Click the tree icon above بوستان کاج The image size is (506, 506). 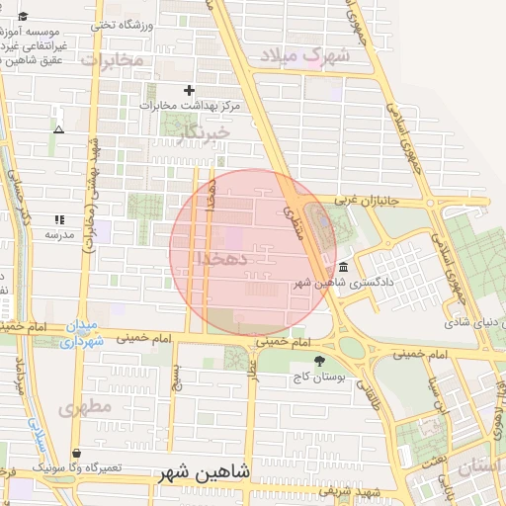(317, 362)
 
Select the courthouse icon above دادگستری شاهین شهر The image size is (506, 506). (342, 267)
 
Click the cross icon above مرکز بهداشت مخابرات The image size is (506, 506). (189, 90)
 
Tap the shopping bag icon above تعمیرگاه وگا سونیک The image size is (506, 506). (77, 453)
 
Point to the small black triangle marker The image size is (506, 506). (58, 129)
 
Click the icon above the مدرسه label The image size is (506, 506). (58, 219)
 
